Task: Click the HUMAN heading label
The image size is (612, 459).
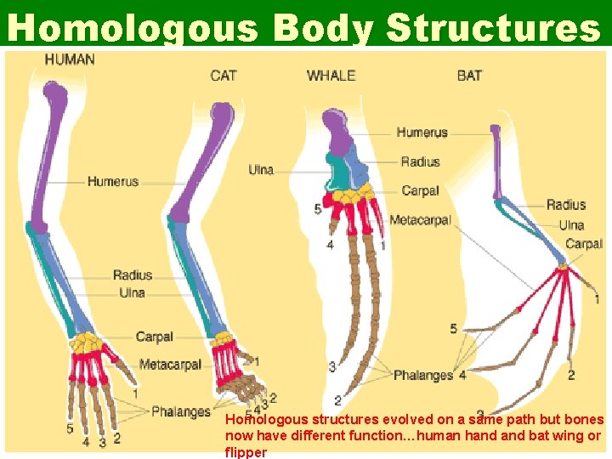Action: click(70, 59)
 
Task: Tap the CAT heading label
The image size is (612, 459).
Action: click(224, 76)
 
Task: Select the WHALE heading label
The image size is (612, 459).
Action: click(331, 76)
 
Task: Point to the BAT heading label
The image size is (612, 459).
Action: click(469, 76)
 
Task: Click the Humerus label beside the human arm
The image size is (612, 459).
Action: click(112, 181)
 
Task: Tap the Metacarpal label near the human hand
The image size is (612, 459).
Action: click(170, 365)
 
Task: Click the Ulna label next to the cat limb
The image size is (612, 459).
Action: click(261, 170)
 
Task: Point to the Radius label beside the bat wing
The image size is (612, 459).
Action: click(565, 205)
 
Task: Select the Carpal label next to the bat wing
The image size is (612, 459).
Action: click(584, 244)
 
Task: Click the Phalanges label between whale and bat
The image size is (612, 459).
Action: click(422, 375)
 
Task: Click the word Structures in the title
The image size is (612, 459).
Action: click(493, 27)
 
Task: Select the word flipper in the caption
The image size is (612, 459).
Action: click(245, 452)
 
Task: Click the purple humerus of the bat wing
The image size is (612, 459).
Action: click(495, 161)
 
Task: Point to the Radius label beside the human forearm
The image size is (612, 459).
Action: click(132, 275)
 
